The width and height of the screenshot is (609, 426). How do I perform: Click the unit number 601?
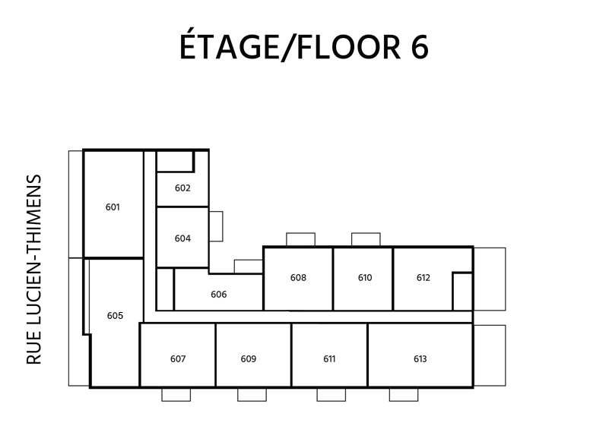tap(113, 207)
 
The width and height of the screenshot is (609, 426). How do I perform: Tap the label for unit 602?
tap(182, 188)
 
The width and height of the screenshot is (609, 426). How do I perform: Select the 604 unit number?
tap(182, 238)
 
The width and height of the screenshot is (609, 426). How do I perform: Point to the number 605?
tap(115, 316)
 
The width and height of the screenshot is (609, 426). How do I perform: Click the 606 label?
tap(219, 295)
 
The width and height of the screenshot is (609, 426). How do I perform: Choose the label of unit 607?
tap(178, 359)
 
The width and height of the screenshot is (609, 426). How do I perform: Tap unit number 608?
tap(298, 278)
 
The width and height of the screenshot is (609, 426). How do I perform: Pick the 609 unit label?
tap(249, 359)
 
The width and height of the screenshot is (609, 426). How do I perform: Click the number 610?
tap(365, 278)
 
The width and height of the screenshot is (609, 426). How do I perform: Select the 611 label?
tap(329, 359)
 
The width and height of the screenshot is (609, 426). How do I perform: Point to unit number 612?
tap(423, 278)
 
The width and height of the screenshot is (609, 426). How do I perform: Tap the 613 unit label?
tap(420, 359)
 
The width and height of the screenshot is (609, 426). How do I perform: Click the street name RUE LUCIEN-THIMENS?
tap(33, 270)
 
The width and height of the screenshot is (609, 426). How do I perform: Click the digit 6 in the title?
tap(420, 47)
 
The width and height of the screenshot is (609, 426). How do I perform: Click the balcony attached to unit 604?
tap(216, 226)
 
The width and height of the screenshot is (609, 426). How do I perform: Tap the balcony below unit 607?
tap(176, 395)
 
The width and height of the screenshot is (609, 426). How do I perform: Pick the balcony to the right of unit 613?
tap(490, 355)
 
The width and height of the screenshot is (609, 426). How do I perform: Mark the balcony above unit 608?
tap(300, 239)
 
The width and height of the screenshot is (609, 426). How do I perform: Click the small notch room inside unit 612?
tap(462, 292)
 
